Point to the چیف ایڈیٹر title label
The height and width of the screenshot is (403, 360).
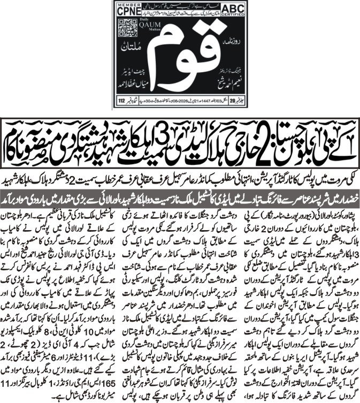coord(133,74)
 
